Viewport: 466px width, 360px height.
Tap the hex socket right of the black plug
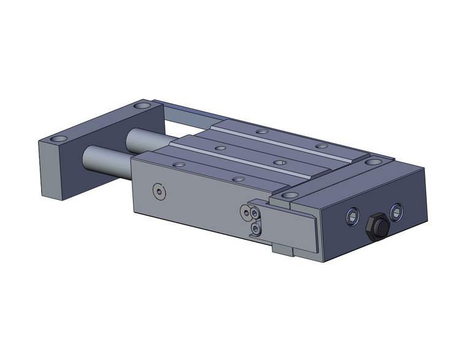[x=397, y=213]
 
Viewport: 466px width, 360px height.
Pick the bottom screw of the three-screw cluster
[x=256, y=229]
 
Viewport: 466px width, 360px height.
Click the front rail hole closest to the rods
[x=178, y=164]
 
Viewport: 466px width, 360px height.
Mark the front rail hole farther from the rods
[x=239, y=178]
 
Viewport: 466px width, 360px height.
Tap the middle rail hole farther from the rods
[x=280, y=163]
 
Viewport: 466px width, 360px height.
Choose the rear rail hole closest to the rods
[x=262, y=132]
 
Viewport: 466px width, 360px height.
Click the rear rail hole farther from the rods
[x=320, y=146]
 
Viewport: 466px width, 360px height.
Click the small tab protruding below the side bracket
[x=283, y=251]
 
